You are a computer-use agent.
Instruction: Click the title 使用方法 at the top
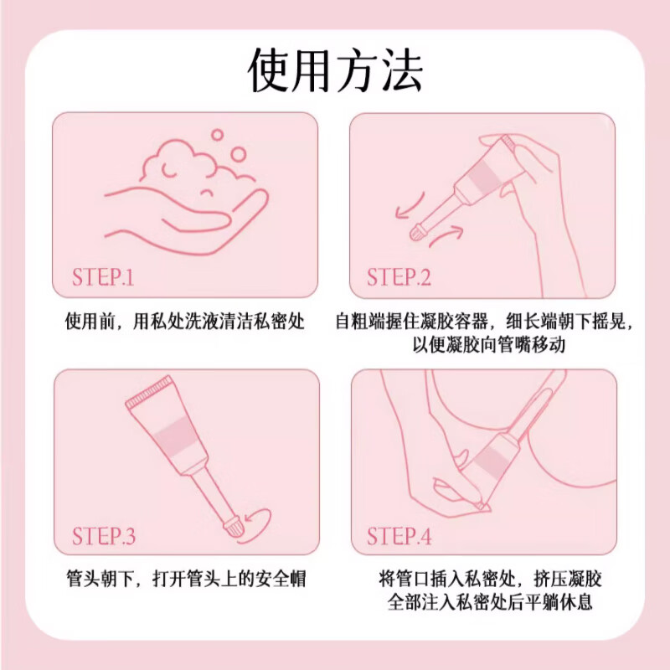coord(335,70)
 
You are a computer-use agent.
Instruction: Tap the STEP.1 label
coord(103,276)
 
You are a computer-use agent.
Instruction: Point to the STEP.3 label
coord(104,535)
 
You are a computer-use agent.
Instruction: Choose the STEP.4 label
coord(399,535)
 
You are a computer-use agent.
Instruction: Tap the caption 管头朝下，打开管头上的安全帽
coord(185,579)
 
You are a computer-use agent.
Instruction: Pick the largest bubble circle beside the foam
coord(238,154)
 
